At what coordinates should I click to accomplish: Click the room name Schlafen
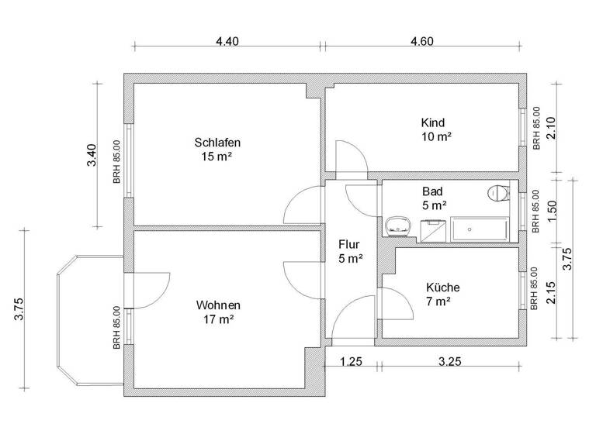tap(217, 143)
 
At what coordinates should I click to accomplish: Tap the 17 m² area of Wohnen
tap(218, 319)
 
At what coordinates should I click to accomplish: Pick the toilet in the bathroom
tap(497, 194)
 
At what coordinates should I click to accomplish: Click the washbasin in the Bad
tap(398, 226)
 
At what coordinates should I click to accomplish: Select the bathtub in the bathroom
tap(479, 229)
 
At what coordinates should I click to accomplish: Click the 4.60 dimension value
tap(421, 42)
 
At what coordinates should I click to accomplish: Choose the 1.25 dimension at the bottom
tap(353, 362)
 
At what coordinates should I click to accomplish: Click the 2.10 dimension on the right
tap(551, 126)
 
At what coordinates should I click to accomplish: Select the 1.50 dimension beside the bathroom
tap(552, 210)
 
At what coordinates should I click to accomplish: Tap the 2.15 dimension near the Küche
tap(552, 294)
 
